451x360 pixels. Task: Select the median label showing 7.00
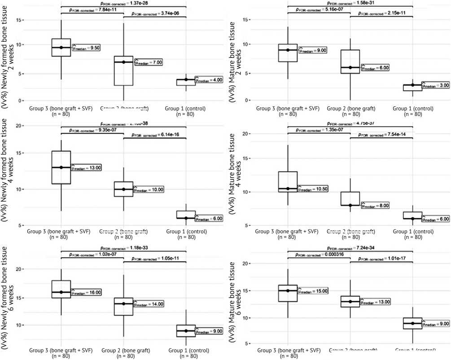pos(149,62)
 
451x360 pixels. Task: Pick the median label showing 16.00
pos(87,292)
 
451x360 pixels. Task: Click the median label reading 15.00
pos(313,291)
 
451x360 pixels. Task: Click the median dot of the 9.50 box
pos(61,48)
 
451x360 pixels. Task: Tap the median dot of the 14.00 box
pos(123,304)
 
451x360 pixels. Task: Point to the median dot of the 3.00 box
pos(412,85)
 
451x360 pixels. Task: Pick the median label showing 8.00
pos(375,206)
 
